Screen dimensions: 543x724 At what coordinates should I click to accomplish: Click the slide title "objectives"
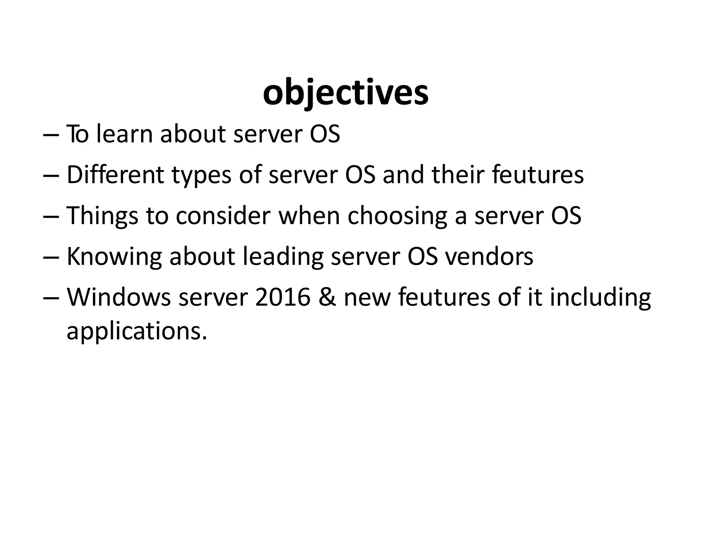pos(346,94)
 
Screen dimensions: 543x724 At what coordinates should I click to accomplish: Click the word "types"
pos(201,176)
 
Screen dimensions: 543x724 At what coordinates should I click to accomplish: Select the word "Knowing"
pos(114,257)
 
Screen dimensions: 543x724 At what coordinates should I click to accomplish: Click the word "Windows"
pos(119,297)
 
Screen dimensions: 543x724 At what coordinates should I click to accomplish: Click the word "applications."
pos(136,331)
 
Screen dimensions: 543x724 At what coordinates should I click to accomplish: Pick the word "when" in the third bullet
pos(309,216)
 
